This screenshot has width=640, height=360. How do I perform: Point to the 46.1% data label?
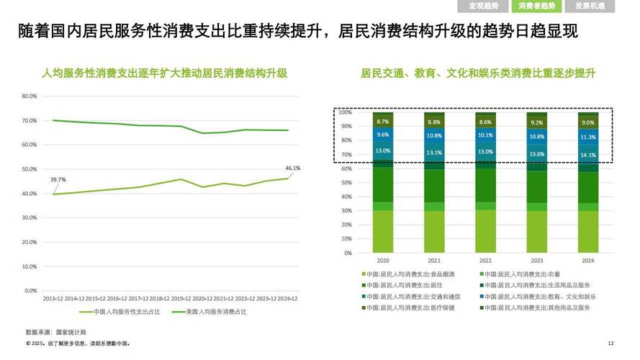pos(293,168)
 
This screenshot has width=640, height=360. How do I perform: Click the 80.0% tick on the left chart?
pos(29,96)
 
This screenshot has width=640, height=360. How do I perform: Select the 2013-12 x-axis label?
pos(53,297)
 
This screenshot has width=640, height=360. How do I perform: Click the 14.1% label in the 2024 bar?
pos(588,154)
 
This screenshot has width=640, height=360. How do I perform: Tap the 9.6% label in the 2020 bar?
pos(383,135)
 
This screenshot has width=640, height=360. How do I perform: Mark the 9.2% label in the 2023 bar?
pos(537,123)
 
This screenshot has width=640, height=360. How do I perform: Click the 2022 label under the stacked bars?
pos(485,260)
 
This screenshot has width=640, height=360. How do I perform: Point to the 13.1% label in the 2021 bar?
pos(434,153)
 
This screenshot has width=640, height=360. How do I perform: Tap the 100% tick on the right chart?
pos(346,112)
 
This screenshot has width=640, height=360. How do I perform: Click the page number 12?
pos(610,343)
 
